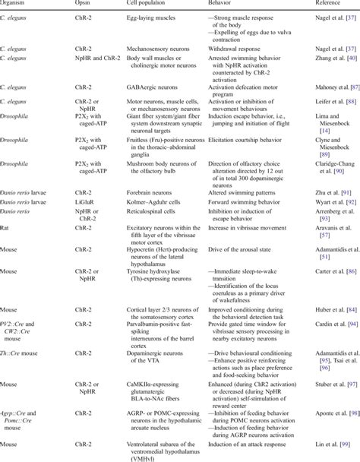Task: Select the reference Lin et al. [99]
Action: [320, 439]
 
